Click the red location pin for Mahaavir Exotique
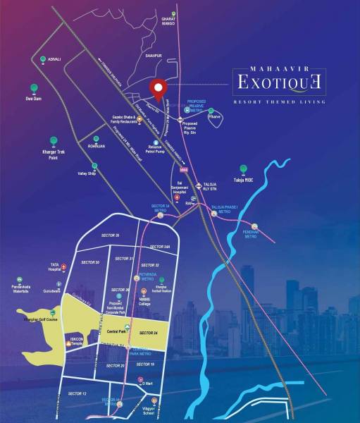pos(159,88)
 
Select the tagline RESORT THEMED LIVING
pos(280,102)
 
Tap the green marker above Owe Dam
pos(33,88)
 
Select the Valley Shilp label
pos(87,173)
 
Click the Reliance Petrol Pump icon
pos(154,142)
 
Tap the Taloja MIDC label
pos(243,180)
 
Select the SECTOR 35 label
pos(110,235)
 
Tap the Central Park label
pos(116,331)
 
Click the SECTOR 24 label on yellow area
pos(149,332)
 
